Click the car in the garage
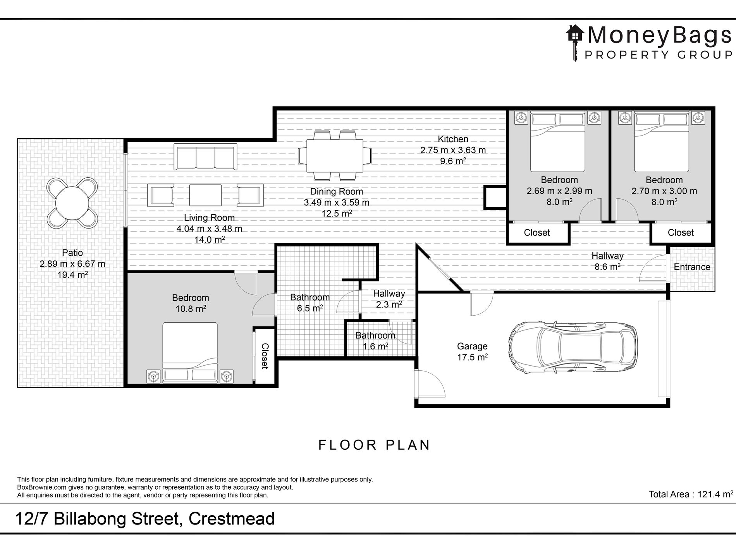pos(573,347)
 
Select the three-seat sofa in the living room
pos(205,156)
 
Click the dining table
pos(335,156)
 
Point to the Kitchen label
pos(453,139)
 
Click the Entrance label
pos(692,267)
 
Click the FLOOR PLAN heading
pos(374,445)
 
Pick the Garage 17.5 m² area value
pos(472,357)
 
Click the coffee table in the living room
pos(205,195)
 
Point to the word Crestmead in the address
pos(231,519)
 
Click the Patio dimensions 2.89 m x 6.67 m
pos(72,264)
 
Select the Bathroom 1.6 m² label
pos(375,341)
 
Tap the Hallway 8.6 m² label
pos(607,261)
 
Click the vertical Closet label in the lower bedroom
pos(265,356)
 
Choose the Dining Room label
pos(337,191)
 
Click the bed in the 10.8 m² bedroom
pos(190,353)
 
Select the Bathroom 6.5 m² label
pos(310,303)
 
